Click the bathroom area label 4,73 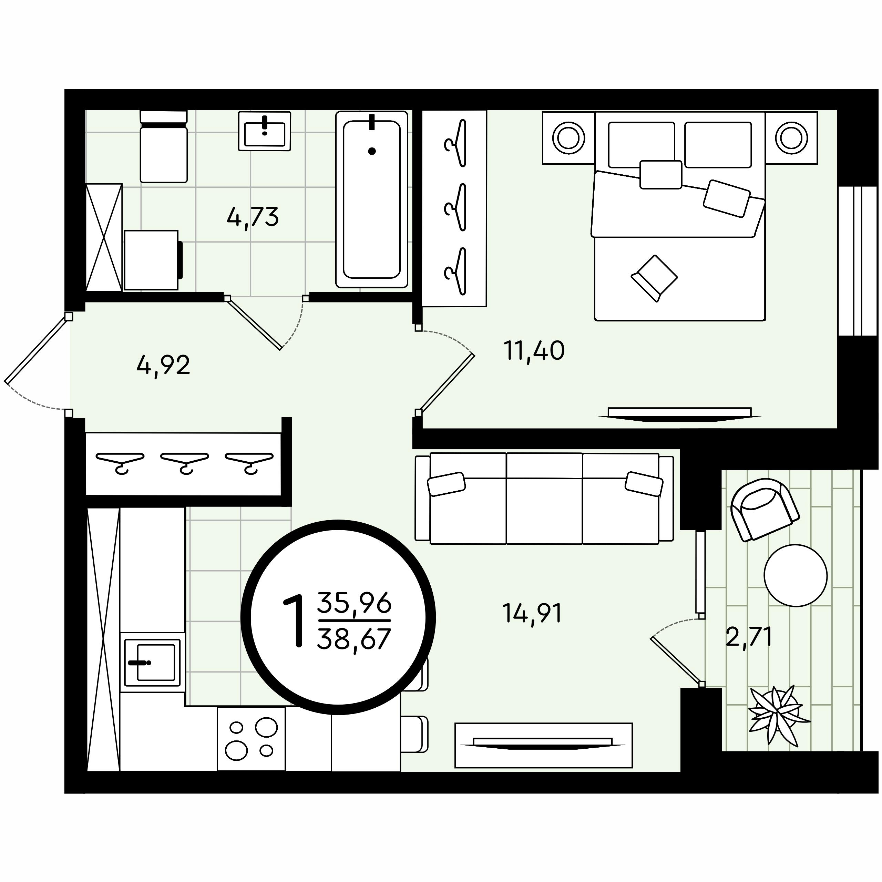253,217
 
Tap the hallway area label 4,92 163,365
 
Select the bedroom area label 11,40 534,351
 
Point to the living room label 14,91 532,613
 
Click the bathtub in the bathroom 372,199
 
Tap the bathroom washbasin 264,132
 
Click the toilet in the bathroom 163,146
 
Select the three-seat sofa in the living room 544,499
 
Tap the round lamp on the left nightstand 568,137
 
